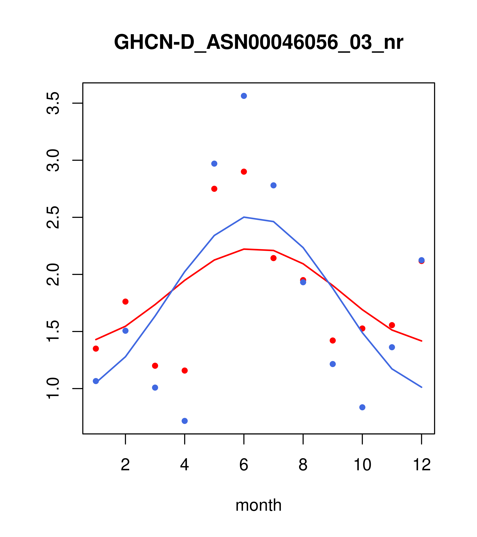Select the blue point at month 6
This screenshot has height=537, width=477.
point(244,96)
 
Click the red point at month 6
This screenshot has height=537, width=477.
point(244,171)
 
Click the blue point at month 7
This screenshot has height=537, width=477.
point(274,185)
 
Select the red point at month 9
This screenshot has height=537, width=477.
point(333,340)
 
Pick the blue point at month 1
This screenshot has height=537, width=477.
point(96,381)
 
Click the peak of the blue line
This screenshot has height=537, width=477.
point(244,217)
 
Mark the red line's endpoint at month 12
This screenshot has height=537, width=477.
point(422,341)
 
